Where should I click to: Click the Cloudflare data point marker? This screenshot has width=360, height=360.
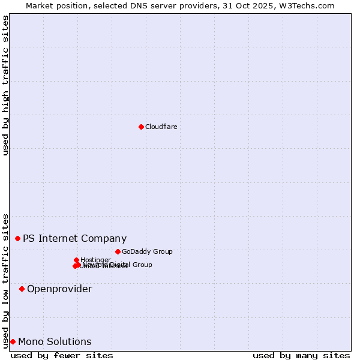tap(141, 127)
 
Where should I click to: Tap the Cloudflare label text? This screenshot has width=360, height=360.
tap(161, 127)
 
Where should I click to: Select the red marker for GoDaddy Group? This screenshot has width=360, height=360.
tap(118, 251)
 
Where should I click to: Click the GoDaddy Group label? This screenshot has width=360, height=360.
tap(147, 251)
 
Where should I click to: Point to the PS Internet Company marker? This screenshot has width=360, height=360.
tap(17, 238)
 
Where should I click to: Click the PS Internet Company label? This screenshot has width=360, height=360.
tap(75, 238)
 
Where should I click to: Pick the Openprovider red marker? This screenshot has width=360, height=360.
tap(22, 289)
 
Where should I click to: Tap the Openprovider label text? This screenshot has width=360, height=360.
tap(59, 289)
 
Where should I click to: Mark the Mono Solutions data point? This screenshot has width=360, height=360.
tap(13, 341)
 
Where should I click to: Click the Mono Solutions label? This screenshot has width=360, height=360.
tap(55, 341)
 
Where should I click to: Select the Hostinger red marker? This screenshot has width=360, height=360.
tap(76, 260)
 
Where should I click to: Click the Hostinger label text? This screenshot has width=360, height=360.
tap(95, 260)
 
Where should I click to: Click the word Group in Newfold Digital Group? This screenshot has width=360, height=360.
tap(142, 265)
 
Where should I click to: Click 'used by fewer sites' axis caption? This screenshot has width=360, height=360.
tap(62, 355)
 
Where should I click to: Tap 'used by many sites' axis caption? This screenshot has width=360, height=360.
tap(301, 355)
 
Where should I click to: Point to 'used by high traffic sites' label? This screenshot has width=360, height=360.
tap(5, 85)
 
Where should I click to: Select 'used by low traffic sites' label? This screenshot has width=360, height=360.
tap(5, 280)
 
